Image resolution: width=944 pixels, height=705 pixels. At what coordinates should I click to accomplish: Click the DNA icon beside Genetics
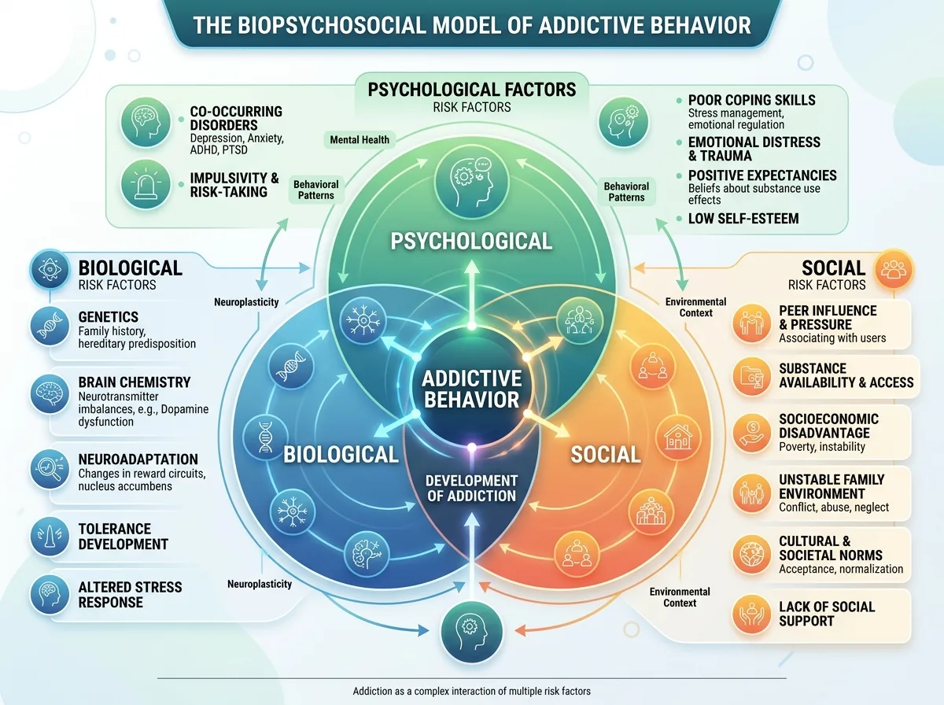coord(50,327)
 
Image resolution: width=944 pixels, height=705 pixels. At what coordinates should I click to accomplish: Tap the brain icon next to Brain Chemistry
coord(50,394)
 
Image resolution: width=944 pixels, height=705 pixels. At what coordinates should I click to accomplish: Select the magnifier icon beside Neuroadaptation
coord(50,468)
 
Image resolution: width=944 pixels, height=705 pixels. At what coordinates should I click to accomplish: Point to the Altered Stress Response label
coord(130,595)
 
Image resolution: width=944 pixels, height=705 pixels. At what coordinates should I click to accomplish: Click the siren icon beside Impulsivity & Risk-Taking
coord(146,185)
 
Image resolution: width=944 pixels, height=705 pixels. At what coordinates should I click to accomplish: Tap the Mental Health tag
coord(360,140)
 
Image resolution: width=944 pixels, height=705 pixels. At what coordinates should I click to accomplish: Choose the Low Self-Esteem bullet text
coord(743,219)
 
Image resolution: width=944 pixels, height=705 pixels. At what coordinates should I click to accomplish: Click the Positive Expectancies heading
coord(762,175)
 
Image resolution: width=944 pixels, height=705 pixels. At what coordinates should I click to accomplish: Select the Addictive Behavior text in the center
coord(472,389)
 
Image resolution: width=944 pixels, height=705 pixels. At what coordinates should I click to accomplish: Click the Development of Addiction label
coord(472,488)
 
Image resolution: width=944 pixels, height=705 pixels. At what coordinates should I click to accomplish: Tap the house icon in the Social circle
coord(678,437)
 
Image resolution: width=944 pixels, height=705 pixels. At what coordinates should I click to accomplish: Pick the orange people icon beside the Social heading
coord(894,269)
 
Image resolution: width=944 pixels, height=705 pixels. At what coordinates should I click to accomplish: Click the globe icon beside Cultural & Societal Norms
coord(752,555)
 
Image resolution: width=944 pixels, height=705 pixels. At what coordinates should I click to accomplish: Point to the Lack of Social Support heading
coord(827,614)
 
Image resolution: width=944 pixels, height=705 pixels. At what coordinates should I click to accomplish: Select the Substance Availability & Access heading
coord(846,375)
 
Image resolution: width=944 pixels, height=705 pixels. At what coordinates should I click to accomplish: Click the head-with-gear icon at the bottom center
coord(472,632)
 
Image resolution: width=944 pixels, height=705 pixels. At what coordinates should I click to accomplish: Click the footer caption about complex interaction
coord(472,692)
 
